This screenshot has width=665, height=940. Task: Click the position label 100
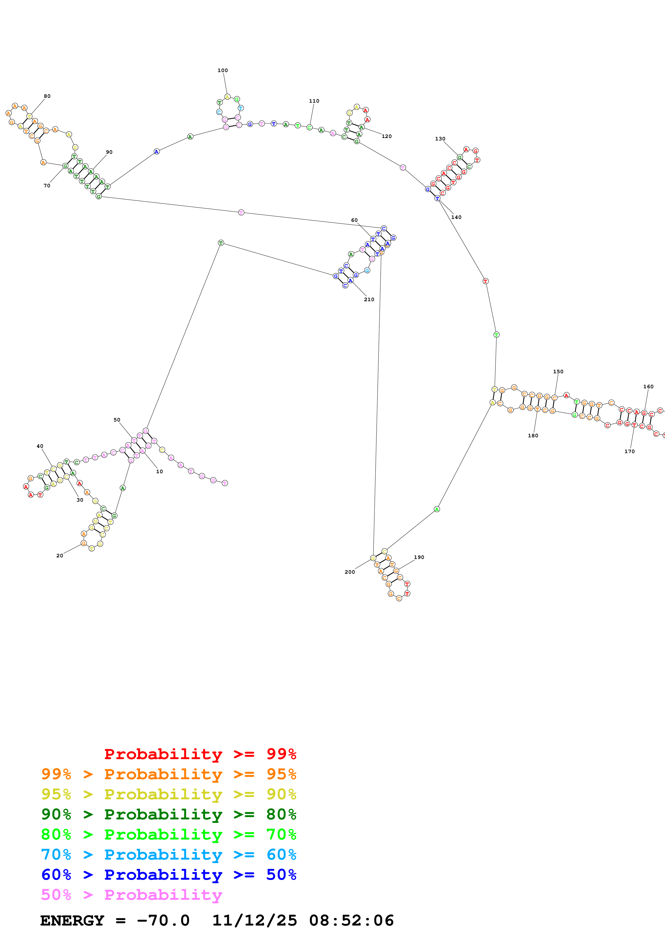point(222,70)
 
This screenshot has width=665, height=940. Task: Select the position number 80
point(47,96)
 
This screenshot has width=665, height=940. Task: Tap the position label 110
point(314,101)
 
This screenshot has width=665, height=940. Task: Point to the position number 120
point(386,136)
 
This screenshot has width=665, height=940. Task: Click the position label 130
point(440,139)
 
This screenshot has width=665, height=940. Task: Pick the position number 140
point(456,217)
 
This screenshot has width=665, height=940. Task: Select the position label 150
point(558,372)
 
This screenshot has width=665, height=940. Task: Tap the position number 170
point(629,452)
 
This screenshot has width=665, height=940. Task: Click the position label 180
point(533,436)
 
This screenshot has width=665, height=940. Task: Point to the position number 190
point(419,557)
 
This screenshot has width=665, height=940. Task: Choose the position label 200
point(350,572)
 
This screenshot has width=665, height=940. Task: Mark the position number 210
point(369,299)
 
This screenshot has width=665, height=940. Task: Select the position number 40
point(40,446)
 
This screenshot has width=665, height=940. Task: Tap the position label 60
point(354,220)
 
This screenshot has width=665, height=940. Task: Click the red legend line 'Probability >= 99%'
point(200,754)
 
